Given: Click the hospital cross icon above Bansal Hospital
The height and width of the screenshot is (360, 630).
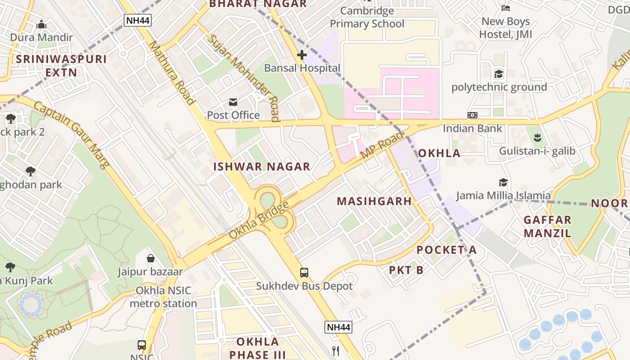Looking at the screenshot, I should pos(302,55).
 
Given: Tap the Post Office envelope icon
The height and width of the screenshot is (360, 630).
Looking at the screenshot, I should pos(233,102).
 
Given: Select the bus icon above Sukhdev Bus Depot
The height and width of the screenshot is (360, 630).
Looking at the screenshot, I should pos(304,272).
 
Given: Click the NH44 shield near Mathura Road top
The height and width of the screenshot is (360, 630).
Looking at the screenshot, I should pos(138,20).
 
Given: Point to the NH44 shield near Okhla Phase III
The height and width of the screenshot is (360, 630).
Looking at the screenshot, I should pos(338,327).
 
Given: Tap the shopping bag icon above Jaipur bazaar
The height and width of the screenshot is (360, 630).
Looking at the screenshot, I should pos(151,258).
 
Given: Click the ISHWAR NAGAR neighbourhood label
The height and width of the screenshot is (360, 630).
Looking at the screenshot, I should pos(261,166).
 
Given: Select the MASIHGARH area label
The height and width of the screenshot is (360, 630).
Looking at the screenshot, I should pos(374,201).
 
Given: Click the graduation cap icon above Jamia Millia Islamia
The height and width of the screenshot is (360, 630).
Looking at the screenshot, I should pos(503,182).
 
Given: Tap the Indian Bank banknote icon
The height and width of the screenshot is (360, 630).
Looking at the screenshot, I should pos(472,115).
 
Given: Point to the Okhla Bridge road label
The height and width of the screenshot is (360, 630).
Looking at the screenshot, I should pos(258,221).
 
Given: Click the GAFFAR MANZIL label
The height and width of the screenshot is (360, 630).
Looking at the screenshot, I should pos(547,226).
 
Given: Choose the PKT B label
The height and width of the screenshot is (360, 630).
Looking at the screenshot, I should pos(406,270).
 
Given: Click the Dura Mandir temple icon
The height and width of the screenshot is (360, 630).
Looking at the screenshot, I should pos(41,24).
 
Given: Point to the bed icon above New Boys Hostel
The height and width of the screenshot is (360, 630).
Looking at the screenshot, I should pos(505,8).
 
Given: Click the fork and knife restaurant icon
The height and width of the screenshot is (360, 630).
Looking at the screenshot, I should pos(335,351).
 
